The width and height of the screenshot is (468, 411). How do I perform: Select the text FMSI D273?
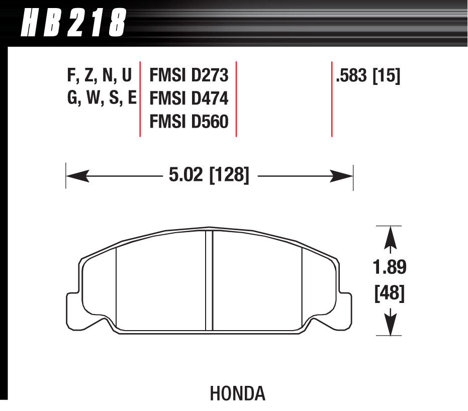(x=189, y=76)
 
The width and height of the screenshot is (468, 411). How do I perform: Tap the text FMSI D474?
(x=189, y=98)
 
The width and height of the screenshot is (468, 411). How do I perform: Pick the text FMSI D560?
(x=189, y=121)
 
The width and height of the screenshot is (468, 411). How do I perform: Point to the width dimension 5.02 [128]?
(x=207, y=176)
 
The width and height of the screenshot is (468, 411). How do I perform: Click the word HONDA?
(x=237, y=393)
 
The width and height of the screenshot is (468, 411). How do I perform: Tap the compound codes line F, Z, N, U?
(x=99, y=76)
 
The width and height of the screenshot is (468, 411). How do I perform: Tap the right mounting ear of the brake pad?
(x=345, y=309)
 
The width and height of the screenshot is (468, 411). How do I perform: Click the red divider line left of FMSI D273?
(x=140, y=99)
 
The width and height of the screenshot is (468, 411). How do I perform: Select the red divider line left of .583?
(x=332, y=99)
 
